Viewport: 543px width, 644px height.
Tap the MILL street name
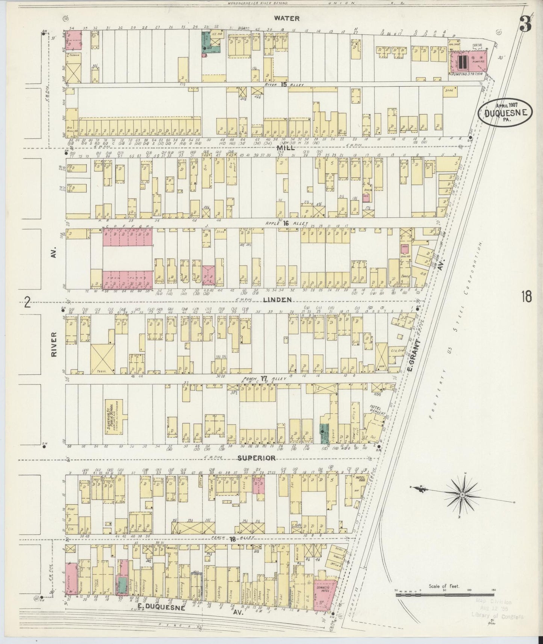(285, 148)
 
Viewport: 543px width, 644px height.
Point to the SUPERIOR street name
(257, 458)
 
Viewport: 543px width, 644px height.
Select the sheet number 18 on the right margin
(526, 297)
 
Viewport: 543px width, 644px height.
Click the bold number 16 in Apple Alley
(286, 223)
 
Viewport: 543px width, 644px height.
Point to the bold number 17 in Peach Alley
(264, 378)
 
